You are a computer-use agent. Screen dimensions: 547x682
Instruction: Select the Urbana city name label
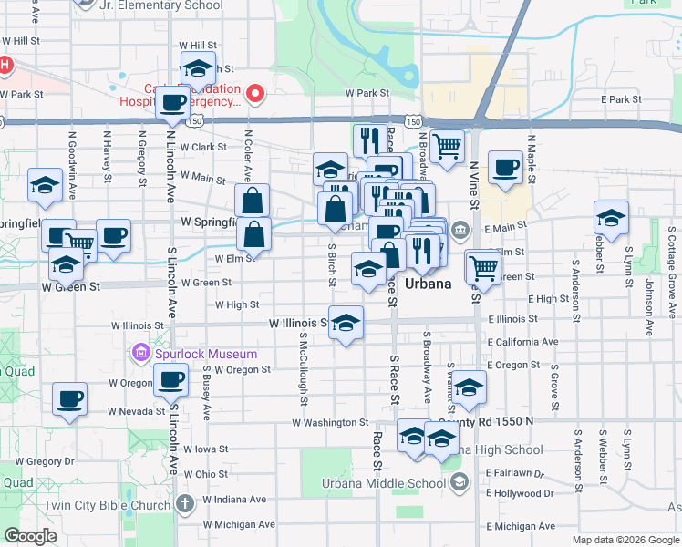coord(428,284)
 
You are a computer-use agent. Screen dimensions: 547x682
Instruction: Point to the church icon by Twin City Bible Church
coord(184,504)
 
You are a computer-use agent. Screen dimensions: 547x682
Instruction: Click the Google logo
coord(31,536)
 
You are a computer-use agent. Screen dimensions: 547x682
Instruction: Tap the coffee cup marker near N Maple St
coord(504,168)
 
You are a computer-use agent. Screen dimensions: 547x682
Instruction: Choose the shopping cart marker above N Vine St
coord(447,145)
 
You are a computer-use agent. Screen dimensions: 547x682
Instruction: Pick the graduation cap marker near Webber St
coord(611,218)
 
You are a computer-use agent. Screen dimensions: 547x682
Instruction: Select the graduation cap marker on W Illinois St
coord(346,322)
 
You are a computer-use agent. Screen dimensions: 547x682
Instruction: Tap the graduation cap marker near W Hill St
coord(197,67)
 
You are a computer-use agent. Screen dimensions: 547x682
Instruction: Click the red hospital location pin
coord(256,93)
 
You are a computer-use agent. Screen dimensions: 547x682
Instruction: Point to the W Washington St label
coord(330,423)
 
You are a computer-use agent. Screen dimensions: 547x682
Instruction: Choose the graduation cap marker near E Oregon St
coord(469,387)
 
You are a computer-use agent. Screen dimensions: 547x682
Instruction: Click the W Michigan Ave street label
coord(230,524)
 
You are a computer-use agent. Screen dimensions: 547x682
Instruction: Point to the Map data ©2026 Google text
coord(625,540)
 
